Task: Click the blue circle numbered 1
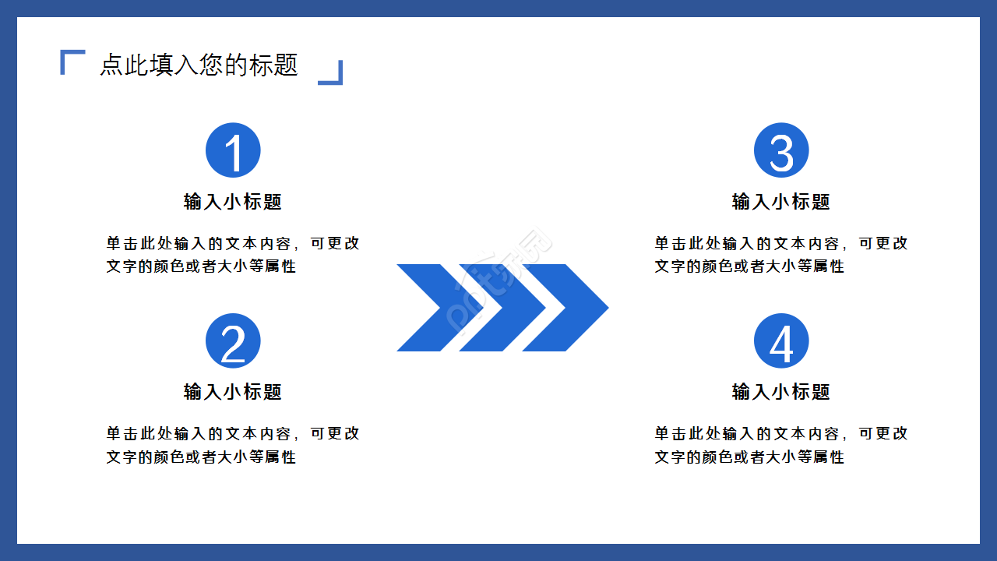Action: [x=233, y=150]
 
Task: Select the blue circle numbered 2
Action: [x=233, y=341]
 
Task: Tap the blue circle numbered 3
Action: [x=781, y=150]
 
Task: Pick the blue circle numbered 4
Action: [x=781, y=341]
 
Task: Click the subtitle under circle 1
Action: [x=233, y=202]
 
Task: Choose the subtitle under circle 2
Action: [x=233, y=392]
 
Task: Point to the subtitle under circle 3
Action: [x=781, y=202]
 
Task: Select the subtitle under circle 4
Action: [x=781, y=392]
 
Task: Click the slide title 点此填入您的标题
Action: [x=199, y=65]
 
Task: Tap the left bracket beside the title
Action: [x=71, y=61]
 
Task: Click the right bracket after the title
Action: [x=332, y=73]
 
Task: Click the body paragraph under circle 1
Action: [x=233, y=255]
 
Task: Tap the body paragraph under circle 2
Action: [x=233, y=445]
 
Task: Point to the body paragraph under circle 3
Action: [x=781, y=255]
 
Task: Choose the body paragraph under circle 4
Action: [x=781, y=445]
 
